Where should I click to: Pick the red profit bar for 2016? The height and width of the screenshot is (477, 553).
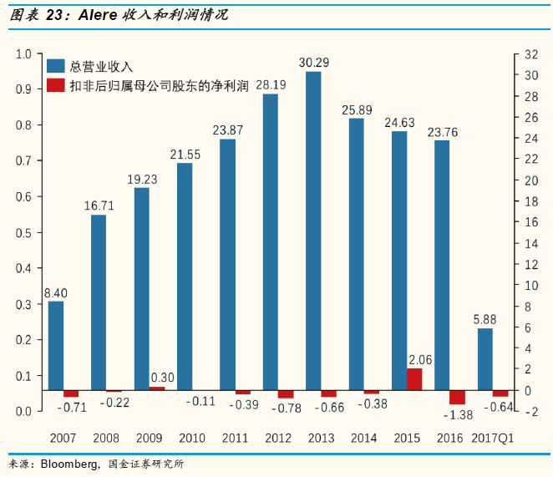tap(457, 398)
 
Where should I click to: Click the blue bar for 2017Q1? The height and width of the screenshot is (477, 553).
tap(485, 359)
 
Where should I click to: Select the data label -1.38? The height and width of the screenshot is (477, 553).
tap(456, 414)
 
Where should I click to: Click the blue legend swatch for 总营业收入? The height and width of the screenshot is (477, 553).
tap(56, 66)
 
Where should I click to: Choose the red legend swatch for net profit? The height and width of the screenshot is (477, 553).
tap(56, 84)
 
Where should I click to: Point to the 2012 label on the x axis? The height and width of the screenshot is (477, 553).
tap(277, 439)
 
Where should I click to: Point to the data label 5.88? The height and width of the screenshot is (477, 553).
tap(486, 318)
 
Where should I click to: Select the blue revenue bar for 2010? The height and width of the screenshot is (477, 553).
tap(185, 277)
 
